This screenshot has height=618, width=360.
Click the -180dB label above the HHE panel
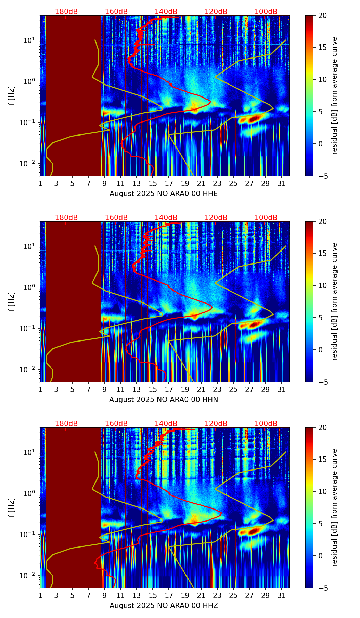65,12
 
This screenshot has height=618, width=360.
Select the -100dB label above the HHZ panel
265,424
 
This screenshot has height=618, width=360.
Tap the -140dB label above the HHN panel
165,218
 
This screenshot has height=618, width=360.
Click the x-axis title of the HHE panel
164,194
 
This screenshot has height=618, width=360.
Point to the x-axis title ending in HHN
164,400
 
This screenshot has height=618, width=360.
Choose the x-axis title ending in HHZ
164,606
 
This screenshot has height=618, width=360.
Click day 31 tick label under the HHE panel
282,184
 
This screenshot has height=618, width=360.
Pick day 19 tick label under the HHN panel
185,390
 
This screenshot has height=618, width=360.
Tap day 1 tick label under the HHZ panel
40,596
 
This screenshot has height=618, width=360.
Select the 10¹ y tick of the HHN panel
29,246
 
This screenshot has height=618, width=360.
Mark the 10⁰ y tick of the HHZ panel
29,493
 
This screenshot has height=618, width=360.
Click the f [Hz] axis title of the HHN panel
12,301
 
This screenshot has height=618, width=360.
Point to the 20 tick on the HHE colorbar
322,15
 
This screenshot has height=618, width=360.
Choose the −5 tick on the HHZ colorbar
322,588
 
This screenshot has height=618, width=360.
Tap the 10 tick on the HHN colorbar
322,285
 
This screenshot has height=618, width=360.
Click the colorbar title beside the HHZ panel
335,507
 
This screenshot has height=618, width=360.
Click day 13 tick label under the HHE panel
137,184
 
